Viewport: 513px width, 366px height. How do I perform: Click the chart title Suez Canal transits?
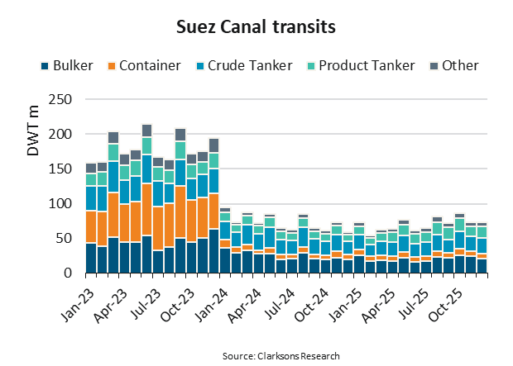pyautogui.click(x=256, y=27)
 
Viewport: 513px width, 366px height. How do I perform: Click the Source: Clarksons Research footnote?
pyautogui.click(x=280, y=355)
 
